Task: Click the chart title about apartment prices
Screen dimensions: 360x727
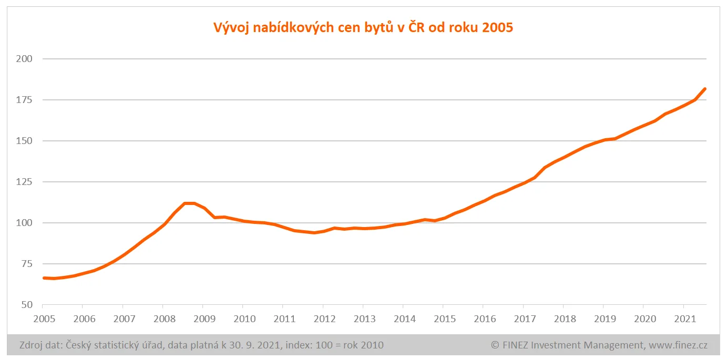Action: tap(363, 27)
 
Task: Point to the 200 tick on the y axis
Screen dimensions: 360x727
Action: tap(25, 59)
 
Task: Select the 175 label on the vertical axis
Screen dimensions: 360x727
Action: tap(25, 100)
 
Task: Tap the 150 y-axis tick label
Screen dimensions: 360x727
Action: tap(25, 141)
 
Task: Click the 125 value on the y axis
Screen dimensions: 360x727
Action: tap(25, 182)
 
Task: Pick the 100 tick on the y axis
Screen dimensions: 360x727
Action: tap(25, 223)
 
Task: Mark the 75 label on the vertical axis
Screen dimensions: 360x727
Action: tap(27, 264)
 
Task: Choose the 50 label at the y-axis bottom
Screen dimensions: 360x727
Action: tap(27, 305)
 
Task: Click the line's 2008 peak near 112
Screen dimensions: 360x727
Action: tap(189, 203)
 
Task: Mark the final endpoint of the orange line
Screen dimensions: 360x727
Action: tap(705, 89)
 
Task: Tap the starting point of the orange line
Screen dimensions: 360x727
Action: tap(44, 278)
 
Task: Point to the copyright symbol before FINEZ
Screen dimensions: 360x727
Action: tap(495, 345)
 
